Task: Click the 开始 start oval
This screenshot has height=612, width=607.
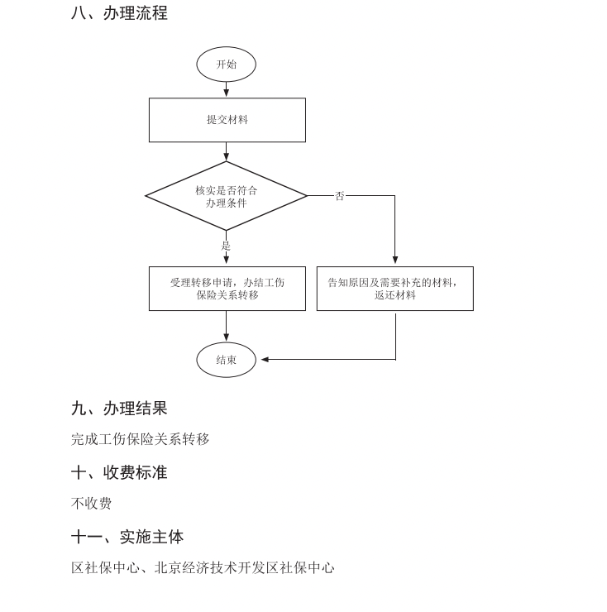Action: (x=226, y=65)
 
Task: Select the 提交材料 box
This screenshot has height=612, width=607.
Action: (x=227, y=120)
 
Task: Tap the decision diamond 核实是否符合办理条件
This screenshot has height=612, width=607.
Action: (x=226, y=196)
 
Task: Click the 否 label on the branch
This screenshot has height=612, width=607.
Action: (x=339, y=196)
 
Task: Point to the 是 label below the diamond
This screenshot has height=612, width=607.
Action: (x=226, y=246)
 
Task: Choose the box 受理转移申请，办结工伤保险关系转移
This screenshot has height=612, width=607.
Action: (x=227, y=289)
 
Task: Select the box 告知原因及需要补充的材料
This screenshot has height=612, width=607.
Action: (x=394, y=289)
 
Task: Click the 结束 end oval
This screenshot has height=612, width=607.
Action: (x=226, y=360)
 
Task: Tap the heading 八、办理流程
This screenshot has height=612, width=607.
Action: (x=119, y=13)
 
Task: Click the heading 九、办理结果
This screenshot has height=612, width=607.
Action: (x=119, y=408)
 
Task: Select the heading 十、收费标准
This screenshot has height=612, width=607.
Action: (x=119, y=472)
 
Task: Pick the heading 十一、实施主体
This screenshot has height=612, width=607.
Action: (x=127, y=537)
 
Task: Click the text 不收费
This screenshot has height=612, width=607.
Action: (x=91, y=503)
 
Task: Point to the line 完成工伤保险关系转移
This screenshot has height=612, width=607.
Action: (x=140, y=439)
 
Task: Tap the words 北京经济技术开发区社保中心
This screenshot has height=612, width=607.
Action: (x=244, y=568)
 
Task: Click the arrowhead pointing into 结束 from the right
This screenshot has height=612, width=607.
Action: (x=265, y=360)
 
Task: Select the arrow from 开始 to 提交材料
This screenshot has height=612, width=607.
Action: (x=226, y=89)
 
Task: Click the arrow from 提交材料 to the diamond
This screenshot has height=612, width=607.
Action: (x=226, y=151)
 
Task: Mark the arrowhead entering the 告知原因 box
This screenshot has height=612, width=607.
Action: (x=395, y=261)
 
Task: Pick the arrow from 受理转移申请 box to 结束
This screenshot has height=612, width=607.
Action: (x=226, y=327)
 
